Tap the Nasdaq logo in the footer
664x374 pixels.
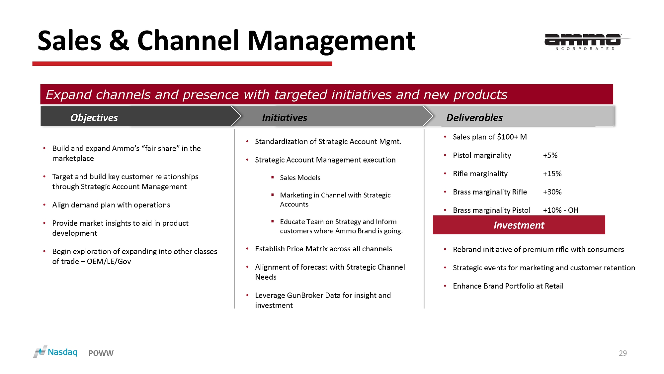pyautogui.click(x=55, y=352)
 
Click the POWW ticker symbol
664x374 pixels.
pyautogui.click(x=101, y=353)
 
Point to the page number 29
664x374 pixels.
pyautogui.click(x=622, y=353)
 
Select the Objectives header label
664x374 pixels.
pyautogui.click(x=94, y=118)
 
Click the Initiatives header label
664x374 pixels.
pyautogui.click(x=285, y=118)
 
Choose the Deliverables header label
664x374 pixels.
pyautogui.click(x=474, y=118)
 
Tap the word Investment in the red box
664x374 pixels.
pyautogui.click(x=519, y=225)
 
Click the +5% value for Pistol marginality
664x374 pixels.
pyautogui.click(x=550, y=155)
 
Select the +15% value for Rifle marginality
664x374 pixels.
pyautogui.click(x=552, y=174)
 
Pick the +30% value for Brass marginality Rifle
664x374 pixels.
pyautogui.click(x=552, y=192)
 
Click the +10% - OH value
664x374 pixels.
pyautogui.click(x=560, y=210)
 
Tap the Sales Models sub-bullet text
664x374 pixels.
pyautogui.click(x=300, y=178)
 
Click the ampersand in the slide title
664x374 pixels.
pyautogui.click(x=119, y=41)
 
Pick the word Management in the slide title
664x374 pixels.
pyautogui.click(x=331, y=42)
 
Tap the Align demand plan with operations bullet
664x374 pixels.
pyautogui.click(x=111, y=205)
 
